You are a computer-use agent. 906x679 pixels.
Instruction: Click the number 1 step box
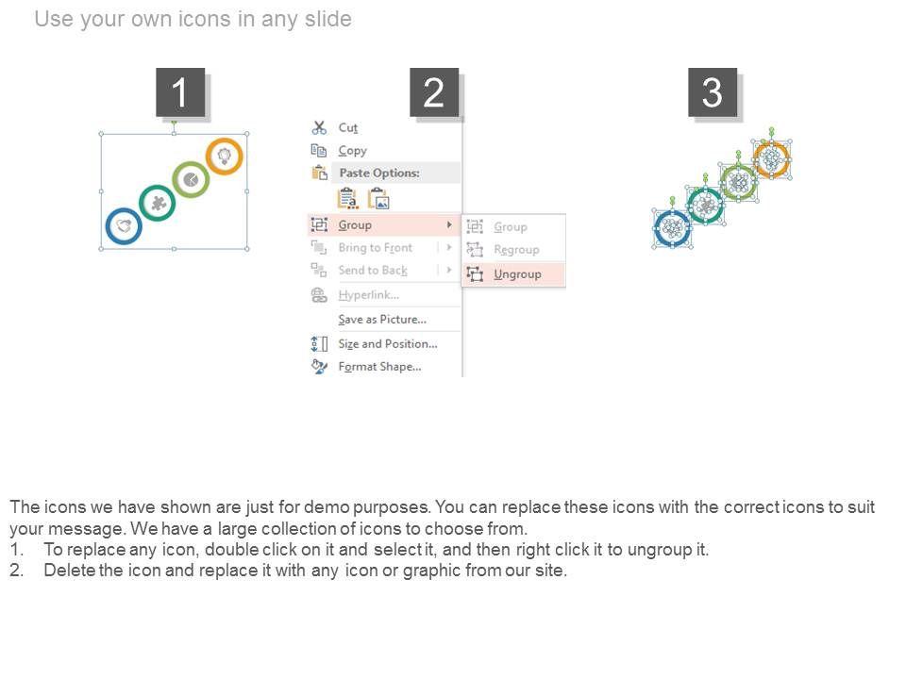coord(180,92)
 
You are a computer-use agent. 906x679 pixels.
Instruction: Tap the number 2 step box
coord(434,92)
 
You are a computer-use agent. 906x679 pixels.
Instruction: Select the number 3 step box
coord(713,92)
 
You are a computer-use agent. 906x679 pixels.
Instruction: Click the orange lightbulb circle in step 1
coord(225,157)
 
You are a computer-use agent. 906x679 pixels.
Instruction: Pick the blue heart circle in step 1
coord(124,226)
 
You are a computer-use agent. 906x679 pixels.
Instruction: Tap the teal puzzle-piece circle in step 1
coord(158,204)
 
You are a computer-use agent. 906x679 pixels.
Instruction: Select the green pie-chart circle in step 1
coord(191,180)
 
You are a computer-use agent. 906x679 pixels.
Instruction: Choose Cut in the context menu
coord(348,127)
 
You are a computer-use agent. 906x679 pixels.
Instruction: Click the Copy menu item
coord(352,151)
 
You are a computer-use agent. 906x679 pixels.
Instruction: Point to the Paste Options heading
coord(379,173)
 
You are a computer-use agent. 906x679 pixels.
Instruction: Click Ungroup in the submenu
coord(517,274)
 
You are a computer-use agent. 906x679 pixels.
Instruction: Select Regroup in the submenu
coord(516,249)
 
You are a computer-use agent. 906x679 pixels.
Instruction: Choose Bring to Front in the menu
coord(375,248)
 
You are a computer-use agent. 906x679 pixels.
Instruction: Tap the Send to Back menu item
coord(373,271)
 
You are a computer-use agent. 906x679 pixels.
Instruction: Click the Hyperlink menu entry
coord(369,295)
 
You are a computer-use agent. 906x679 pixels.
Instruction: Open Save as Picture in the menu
coord(382,320)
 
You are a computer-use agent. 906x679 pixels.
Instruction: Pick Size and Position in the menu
coord(388,343)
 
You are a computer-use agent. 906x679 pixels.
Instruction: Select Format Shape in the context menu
coord(379,367)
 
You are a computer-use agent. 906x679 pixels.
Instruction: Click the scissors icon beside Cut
coord(319,127)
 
